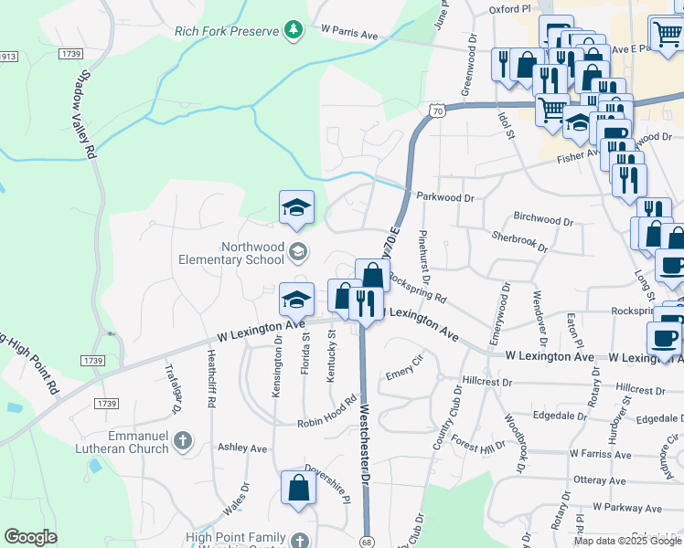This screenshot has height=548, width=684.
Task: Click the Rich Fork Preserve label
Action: click(x=226, y=31)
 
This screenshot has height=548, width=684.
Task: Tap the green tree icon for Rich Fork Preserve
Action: click(x=293, y=31)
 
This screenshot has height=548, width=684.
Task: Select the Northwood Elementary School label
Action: click(x=253, y=252)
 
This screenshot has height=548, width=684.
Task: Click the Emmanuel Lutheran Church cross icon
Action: click(x=182, y=442)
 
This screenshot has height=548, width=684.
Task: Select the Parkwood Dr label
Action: click(x=445, y=197)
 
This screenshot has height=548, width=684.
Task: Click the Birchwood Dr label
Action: click(x=542, y=219)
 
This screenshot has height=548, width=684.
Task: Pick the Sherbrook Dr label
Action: click(x=519, y=240)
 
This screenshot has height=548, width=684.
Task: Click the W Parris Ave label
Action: click(x=349, y=34)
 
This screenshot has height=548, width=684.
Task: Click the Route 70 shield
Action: click(x=439, y=111)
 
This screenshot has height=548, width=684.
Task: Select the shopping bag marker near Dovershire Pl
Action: click(x=298, y=489)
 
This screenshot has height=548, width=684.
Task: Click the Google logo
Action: click(x=31, y=537)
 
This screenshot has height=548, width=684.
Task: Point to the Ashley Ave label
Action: click(x=241, y=448)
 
